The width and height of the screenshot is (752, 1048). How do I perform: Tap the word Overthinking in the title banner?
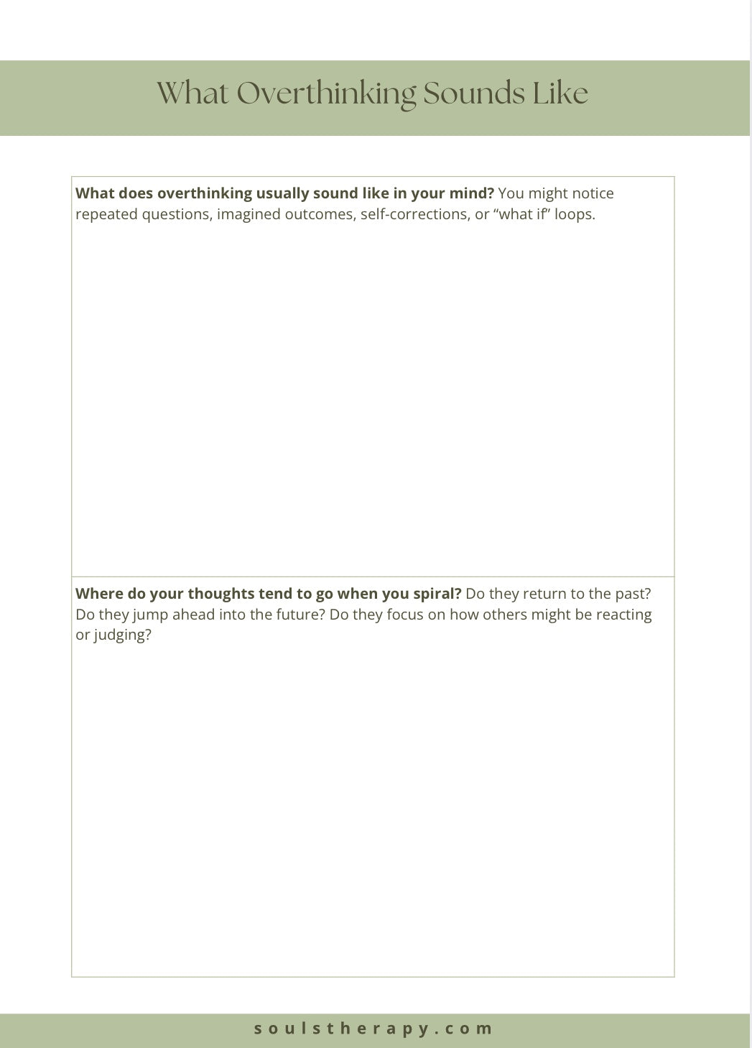[x=326, y=94]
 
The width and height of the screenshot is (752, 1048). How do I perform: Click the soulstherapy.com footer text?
[x=373, y=1029]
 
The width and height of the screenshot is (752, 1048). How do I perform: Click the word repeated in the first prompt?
[x=106, y=214]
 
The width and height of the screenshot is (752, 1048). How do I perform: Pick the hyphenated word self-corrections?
[x=415, y=214]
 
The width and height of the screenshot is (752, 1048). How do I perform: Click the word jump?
[x=150, y=615]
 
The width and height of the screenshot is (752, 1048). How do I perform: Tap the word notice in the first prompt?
[x=593, y=193]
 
